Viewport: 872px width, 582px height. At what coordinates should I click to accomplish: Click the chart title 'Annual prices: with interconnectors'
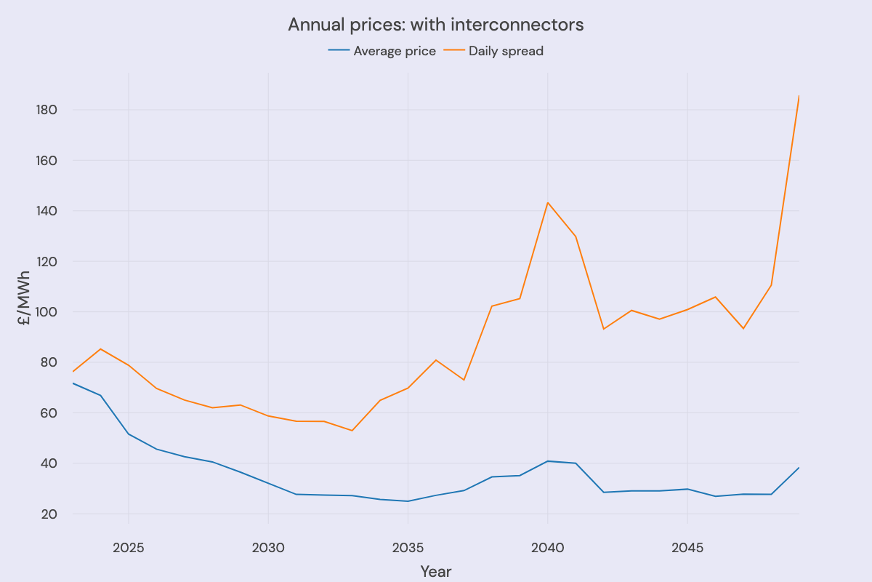(435, 25)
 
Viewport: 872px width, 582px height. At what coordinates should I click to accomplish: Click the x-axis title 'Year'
(436, 572)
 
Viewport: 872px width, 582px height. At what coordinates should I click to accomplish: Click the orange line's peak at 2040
(547, 202)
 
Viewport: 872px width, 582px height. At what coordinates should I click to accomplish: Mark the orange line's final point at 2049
(799, 96)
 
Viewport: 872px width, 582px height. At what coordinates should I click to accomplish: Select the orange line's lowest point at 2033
(352, 431)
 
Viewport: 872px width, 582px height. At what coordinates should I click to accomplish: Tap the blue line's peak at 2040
(547, 461)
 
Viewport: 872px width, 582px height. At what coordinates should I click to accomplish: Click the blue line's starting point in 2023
(73, 383)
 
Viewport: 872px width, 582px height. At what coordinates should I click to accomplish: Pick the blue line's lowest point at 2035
(408, 501)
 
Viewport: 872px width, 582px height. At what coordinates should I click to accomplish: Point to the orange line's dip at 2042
(603, 329)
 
